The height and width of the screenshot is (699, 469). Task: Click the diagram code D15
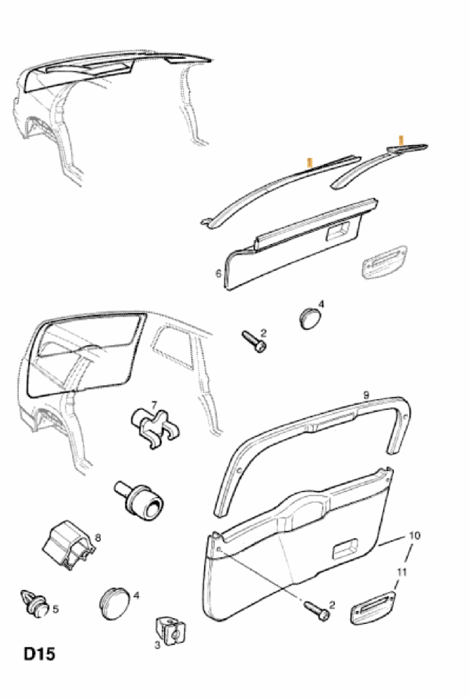(x=39, y=654)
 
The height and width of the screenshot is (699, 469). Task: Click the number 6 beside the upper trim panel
(x=218, y=274)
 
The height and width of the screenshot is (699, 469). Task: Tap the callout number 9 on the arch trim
(x=366, y=395)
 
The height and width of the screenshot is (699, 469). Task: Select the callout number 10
(x=415, y=535)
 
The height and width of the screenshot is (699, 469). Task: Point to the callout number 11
(x=401, y=573)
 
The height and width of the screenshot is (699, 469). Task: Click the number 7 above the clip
(x=154, y=405)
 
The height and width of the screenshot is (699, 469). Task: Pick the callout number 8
(x=98, y=538)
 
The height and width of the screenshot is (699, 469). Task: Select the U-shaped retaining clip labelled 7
(x=154, y=427)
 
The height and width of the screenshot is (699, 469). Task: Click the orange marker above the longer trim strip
(x=310, y=162)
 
